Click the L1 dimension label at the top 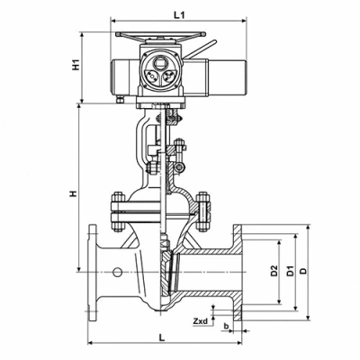point(179,15)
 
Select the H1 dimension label point(76,65)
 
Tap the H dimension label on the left point(73,193)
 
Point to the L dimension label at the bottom point(162,337)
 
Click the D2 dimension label point(274,271)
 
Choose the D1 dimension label point(290,271)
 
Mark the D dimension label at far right point(304,271)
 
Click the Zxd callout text point(200,321)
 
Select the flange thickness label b point(226,326)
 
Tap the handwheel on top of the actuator point(160,35)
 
